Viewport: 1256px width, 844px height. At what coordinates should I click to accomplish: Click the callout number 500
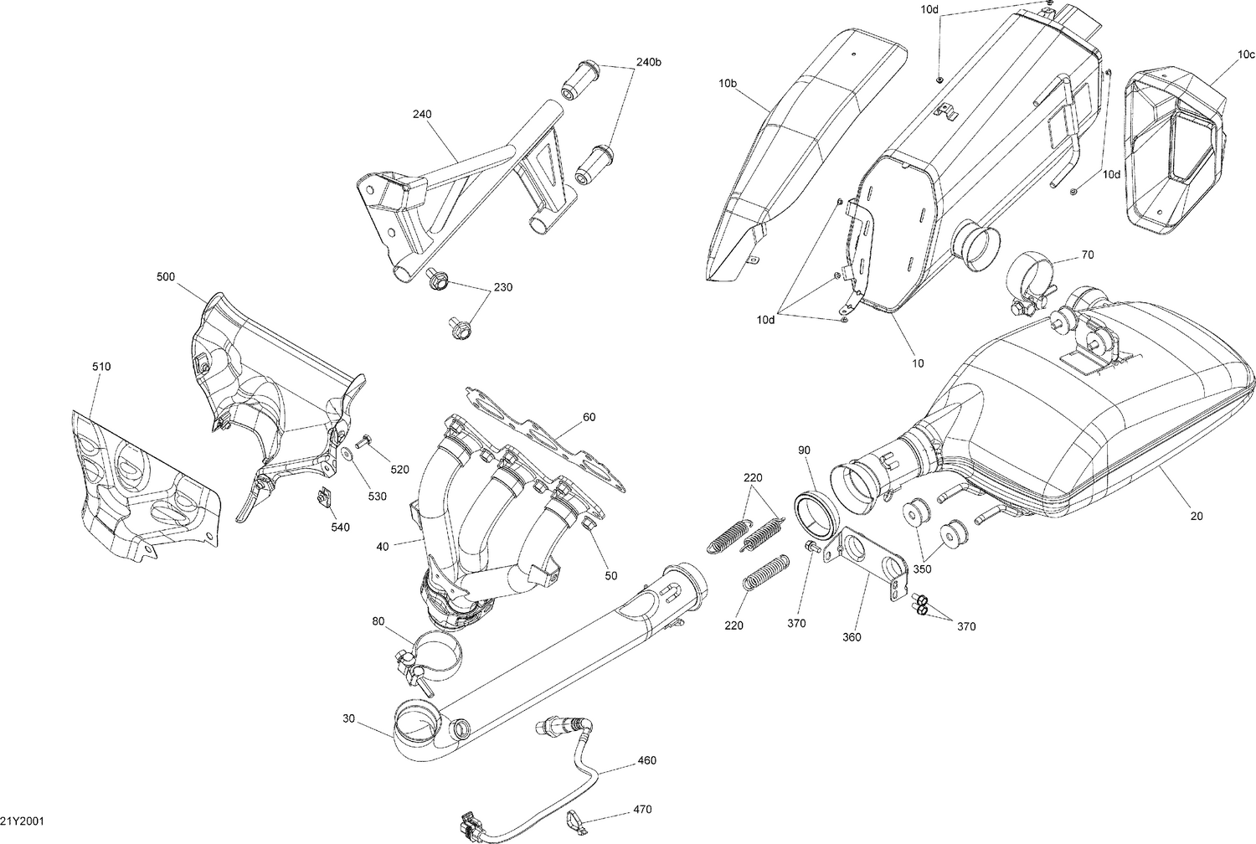click(166, 276)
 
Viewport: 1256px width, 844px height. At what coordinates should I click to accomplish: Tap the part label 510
click(101, 367)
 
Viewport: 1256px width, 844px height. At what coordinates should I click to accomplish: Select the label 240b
click(648, 61)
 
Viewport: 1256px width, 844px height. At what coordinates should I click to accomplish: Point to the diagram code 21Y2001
click(22, 821)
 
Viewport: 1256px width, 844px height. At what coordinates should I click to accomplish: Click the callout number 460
click(646, 760)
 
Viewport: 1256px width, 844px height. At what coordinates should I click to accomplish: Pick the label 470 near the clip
click(643, 810)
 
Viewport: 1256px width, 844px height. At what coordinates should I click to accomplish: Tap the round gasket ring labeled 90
click(812, 511)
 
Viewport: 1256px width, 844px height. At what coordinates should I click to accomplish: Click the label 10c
click(1246, 54)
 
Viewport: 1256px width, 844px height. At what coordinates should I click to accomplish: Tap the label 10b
click(728, 84)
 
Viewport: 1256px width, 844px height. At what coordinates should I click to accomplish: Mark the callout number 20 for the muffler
click(1196, 517)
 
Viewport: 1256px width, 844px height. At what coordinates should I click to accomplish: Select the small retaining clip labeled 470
click(577, 817)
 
